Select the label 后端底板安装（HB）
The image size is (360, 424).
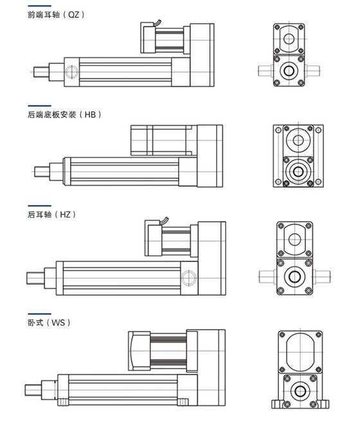click(x=65, y=114)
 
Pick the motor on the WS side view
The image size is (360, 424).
click(x=157, y=350)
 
